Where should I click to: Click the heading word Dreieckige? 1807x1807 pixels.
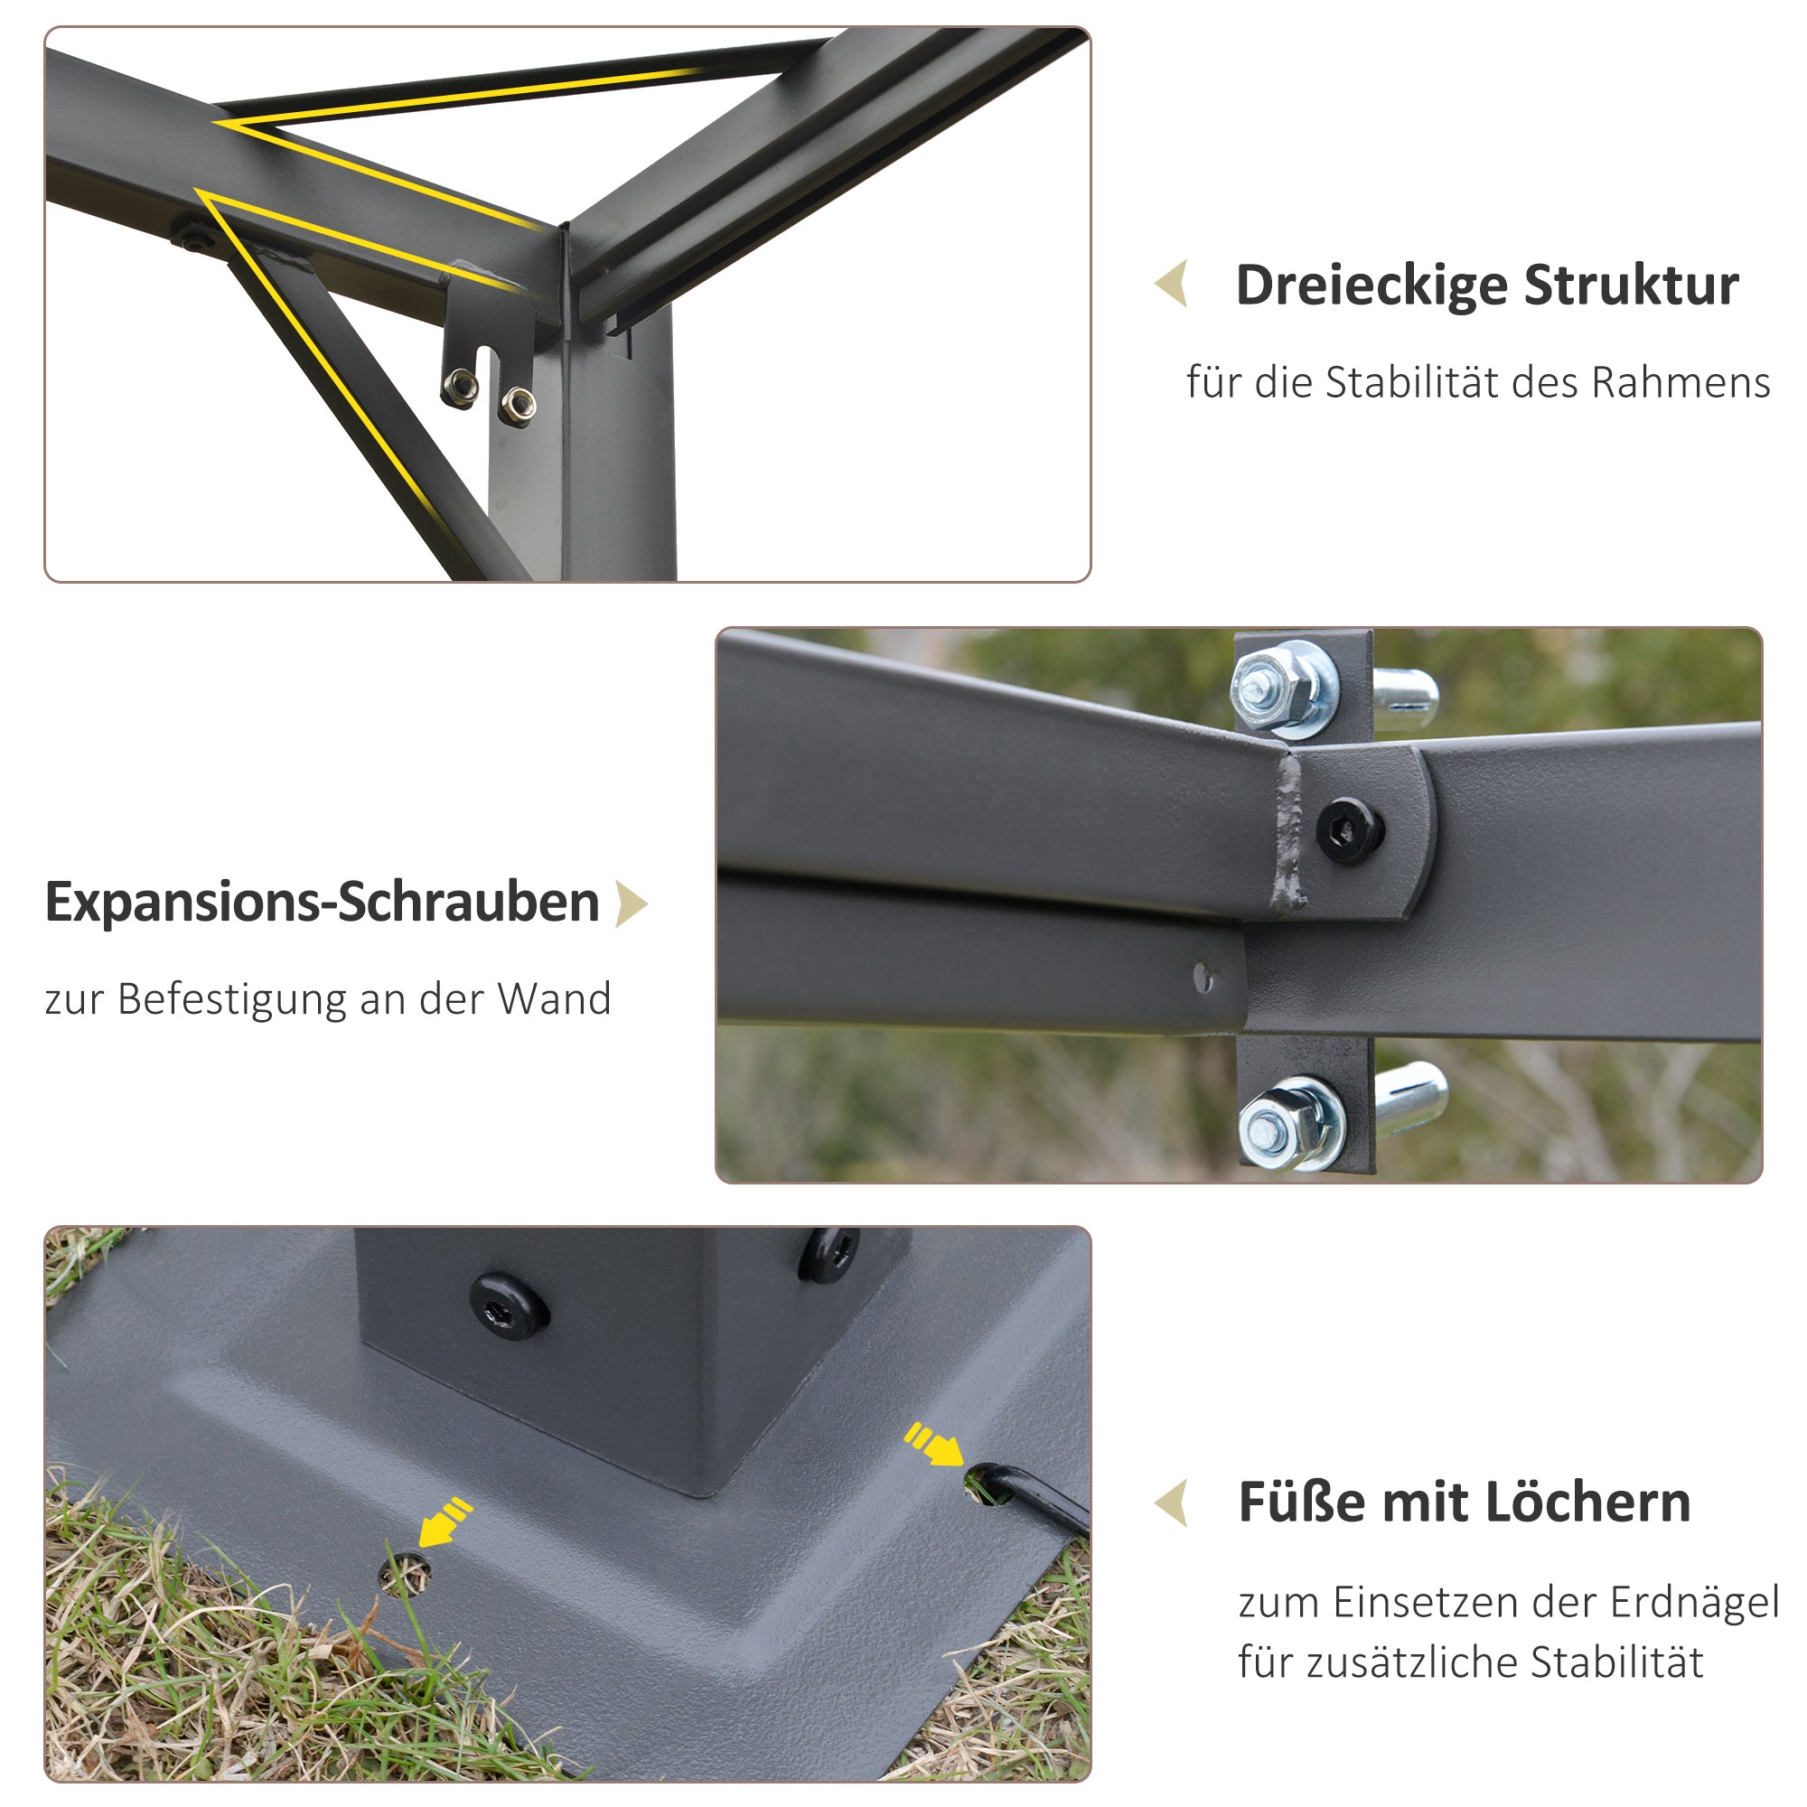point(1372,286)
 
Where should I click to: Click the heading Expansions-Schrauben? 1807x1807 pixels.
point(322,903)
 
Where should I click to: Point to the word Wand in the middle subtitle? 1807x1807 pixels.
point(554,999)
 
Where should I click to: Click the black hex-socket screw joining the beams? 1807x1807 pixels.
point(1350,829)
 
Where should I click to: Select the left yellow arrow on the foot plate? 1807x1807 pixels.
point(444,1522)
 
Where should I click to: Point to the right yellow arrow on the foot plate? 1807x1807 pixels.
point(933,1445)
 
